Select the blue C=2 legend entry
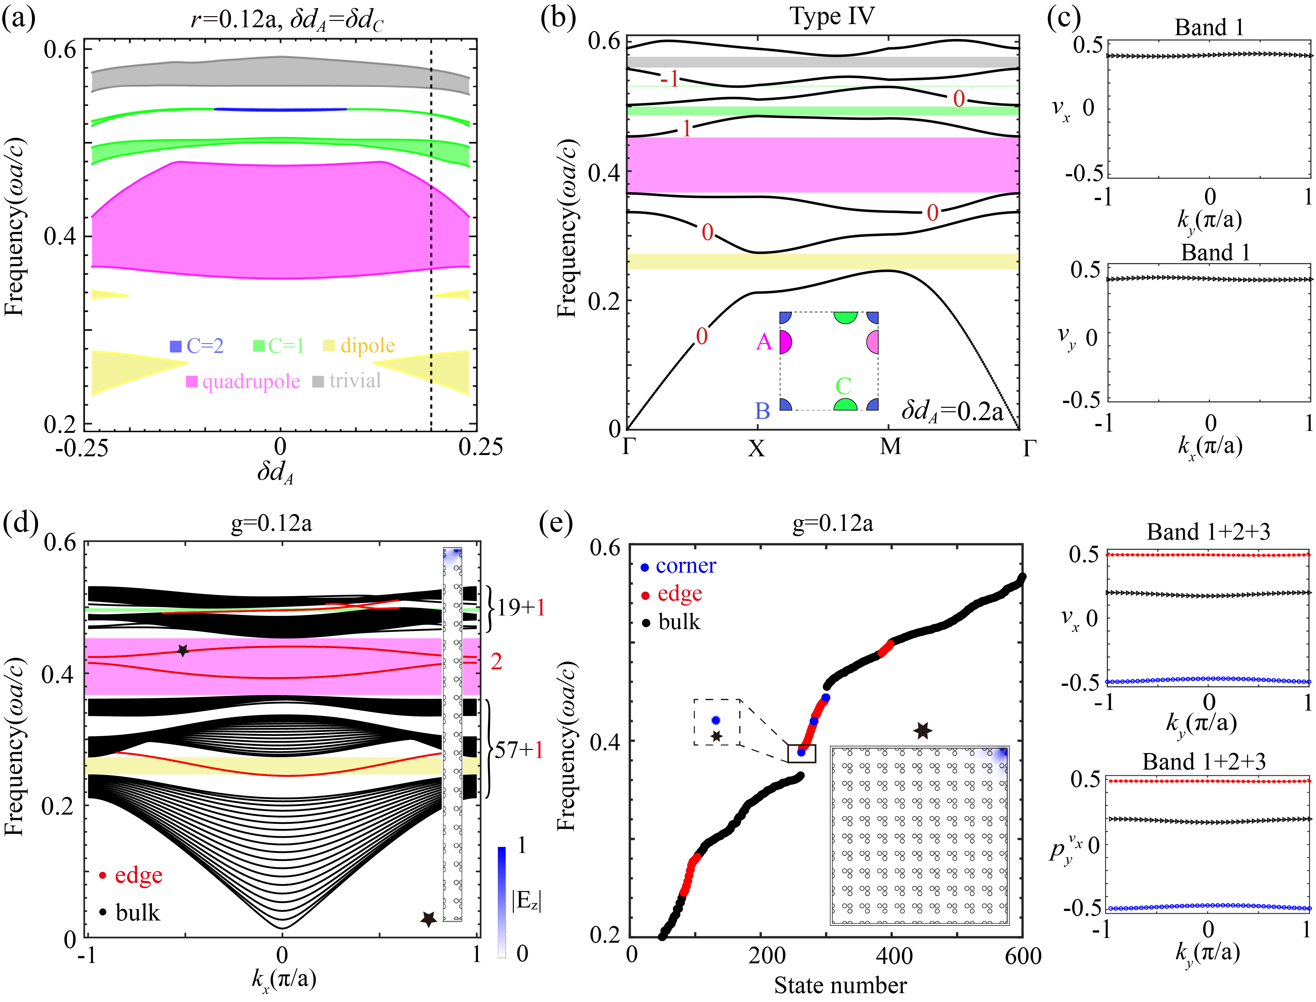[197, 346]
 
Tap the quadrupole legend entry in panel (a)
[244, 381]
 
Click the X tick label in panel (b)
[756, 448]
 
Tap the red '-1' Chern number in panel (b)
[669, 78]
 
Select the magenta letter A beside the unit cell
[764, 342]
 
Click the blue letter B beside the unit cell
[762, 411]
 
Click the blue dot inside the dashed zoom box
[716, 720]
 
